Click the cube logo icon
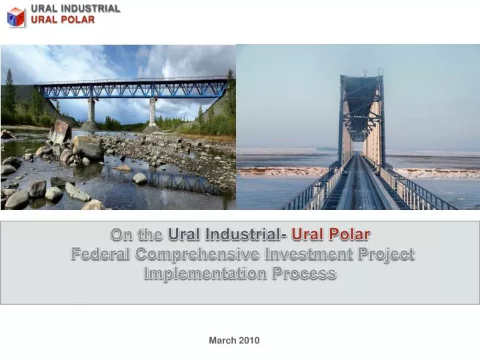click(15, 16)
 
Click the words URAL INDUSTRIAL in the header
click(75, 9)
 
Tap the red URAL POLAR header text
click(63, 19)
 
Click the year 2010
click(249, 341)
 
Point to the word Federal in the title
click(100, 254)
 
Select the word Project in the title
click(387, 254)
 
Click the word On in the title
click(120, 234)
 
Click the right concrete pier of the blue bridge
click(153, 112)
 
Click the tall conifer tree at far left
click(9, 93)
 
